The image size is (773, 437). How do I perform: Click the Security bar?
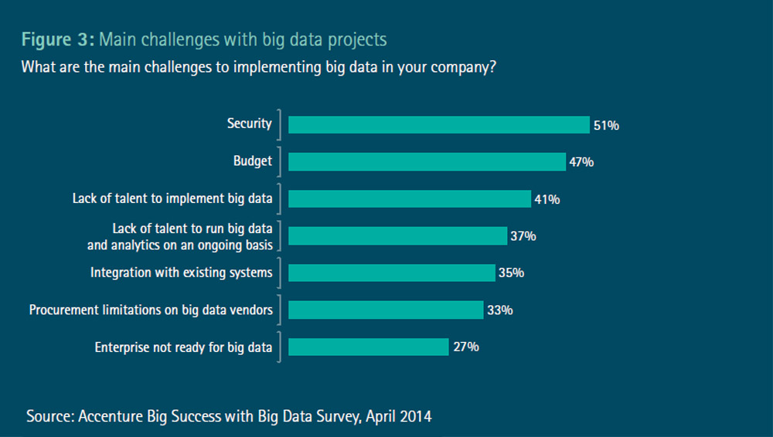(x=439, y=125)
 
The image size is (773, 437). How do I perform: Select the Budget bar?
(x=427, y=161)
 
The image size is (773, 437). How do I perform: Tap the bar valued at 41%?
(x=410, y=198)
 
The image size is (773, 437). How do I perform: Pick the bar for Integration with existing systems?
(x=391, y=273)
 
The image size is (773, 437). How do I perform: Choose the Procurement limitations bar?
(x=386, y=310)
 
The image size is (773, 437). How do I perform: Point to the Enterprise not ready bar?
(x=369, y=347)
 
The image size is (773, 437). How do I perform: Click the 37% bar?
(x=397, y=235)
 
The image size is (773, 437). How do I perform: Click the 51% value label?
(x=606, y=125)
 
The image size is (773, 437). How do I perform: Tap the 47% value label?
(x=581, y=162)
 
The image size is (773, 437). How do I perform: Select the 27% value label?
(x=466, y=347)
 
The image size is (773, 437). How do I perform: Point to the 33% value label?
(x=500, y=310)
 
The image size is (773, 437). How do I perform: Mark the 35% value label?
(x=512, y=273)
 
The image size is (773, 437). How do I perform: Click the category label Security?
(x=249, y=124)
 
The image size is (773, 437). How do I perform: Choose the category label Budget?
(x=253, y=161)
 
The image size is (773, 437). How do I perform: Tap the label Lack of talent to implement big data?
(x=172, y=198)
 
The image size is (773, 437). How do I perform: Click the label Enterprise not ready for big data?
(x=183, y=347)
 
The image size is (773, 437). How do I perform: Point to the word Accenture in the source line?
(x=111, y=416)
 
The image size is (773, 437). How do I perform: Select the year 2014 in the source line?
(x=414, y=416)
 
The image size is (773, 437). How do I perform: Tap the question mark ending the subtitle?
(x=492, y=67)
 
